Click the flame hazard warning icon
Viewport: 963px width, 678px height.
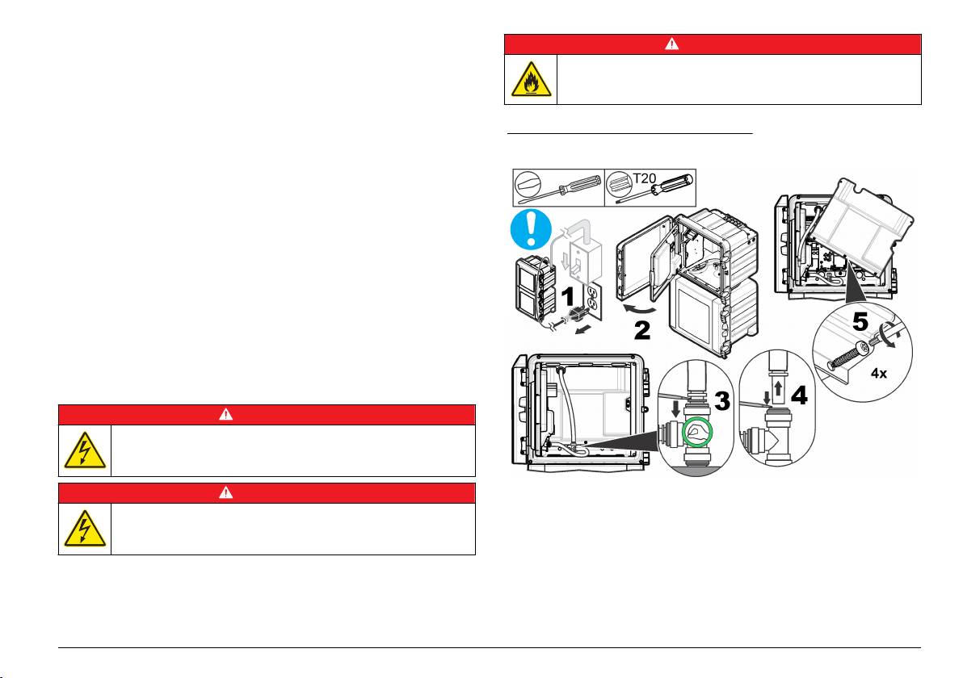(531, 79)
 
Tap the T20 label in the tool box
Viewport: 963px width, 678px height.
(644, 178)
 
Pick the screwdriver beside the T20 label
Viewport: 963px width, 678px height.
(654, 188)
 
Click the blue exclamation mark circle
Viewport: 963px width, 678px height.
(531, 229)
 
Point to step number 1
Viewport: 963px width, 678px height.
(568, 296)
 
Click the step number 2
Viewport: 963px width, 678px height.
(641, 330)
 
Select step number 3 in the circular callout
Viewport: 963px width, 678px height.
(722, 400)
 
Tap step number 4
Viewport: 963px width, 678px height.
(799, 395)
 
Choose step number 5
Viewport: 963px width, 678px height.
(860, 321)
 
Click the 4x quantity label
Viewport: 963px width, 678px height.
(879, 373)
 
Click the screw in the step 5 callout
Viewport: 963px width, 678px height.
(849, 355)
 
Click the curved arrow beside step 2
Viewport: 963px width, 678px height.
(637, 307)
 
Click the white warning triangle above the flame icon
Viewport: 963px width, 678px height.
(672, 44)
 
